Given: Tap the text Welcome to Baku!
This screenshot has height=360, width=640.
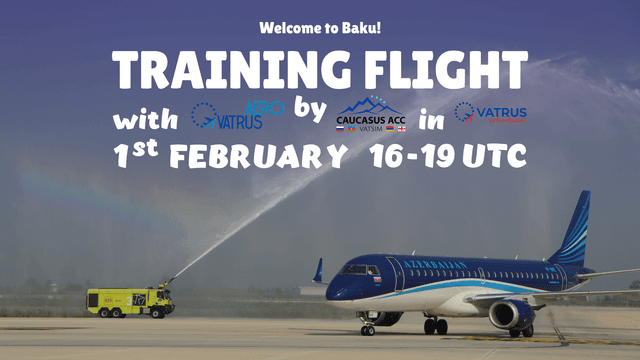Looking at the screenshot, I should (319, 27).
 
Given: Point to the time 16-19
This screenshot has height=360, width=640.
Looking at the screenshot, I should (410, 156).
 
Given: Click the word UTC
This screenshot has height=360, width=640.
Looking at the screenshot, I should (496, 156).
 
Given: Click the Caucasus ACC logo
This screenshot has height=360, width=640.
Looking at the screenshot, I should (371, 116).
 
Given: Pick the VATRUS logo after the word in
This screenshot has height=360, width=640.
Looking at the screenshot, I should (490, 113).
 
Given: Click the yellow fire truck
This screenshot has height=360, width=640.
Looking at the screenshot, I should (130, 301).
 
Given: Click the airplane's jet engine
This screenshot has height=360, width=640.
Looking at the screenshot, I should (511, 314).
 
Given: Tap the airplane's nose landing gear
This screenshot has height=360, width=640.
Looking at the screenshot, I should (367, 328).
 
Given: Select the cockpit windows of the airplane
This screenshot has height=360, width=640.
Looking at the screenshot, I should (360, 270).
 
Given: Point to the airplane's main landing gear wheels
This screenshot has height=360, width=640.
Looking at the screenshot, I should (436, 326).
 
